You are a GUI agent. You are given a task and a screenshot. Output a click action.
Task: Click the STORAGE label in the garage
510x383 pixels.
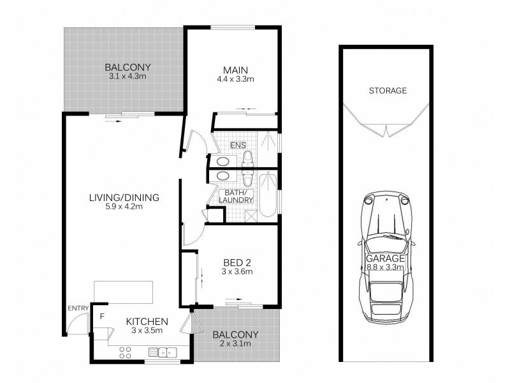click(387, 91)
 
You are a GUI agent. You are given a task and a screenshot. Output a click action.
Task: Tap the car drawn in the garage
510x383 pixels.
click(386, 255)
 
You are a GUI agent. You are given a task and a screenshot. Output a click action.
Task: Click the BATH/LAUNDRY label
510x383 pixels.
click(236, 197)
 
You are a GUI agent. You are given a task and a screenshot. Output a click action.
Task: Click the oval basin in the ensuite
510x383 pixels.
click(224, 160)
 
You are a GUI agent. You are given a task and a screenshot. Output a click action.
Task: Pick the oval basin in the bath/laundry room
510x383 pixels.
click(224, 176)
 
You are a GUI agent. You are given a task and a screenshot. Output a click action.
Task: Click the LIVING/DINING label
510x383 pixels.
click(124, 197)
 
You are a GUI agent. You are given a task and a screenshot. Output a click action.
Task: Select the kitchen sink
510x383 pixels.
click(163, 351)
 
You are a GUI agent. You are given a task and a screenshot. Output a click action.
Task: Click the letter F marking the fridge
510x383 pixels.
click(101, 315)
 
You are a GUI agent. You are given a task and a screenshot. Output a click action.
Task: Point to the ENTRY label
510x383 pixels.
click(77, 309)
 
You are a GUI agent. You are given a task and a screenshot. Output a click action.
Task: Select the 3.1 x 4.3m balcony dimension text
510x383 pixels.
click(127, 77)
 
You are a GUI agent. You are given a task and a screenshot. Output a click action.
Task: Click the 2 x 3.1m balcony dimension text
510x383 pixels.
click(235, 345)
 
